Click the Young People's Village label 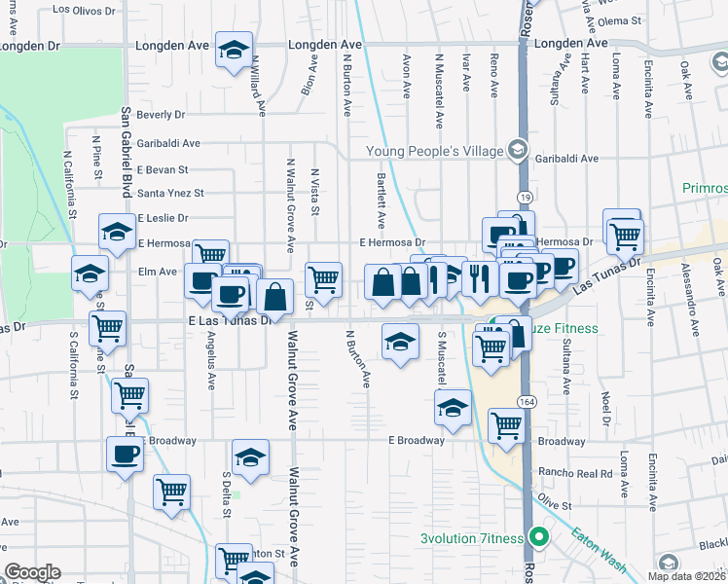click(x=433, y=150)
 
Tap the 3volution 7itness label click(x=471, y=538)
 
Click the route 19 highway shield click(x=525, y=197)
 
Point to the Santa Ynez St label click(x=170, y=194)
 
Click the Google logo click(x=33, y=573)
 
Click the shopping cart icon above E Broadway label click(x=506, y=425)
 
